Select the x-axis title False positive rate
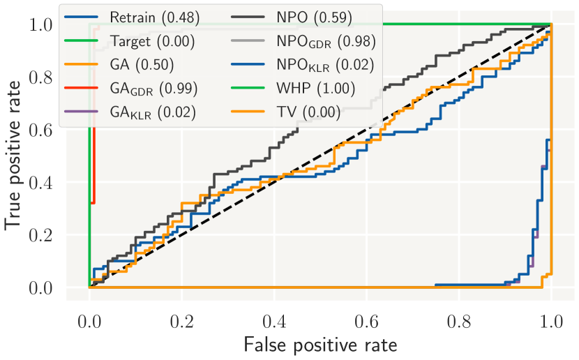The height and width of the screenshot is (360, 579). coord(320,345)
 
